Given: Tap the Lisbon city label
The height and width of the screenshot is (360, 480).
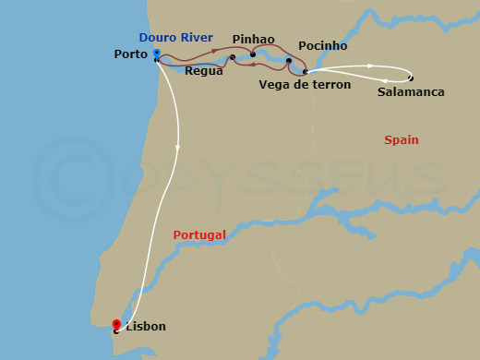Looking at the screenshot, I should point(147,327).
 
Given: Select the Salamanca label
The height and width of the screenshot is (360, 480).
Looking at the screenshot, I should point(411,92).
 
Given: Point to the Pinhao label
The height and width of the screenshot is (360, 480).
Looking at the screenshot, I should point(254,40).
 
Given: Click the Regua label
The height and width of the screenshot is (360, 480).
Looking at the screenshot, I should point(203,70).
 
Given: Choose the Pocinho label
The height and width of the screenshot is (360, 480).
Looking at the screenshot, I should point(322,45).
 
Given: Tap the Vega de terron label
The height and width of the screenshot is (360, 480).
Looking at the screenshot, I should point(305,85).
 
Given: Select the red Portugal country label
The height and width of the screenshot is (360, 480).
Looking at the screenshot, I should point(199,235).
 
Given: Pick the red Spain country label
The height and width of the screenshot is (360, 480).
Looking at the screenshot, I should point(401,140).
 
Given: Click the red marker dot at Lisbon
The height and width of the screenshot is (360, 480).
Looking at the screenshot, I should point(116,324).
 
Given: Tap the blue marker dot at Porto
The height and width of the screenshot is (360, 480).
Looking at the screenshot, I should point(157,53).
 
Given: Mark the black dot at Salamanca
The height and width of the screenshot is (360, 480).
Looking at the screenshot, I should point(411,78).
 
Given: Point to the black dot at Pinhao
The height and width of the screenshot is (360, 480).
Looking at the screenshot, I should point(252,54).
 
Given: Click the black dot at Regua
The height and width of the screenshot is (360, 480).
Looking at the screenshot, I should point(233,57).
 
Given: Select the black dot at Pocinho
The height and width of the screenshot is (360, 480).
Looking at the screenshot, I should point(289,61).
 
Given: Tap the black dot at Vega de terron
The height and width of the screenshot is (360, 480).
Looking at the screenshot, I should point(305,71).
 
